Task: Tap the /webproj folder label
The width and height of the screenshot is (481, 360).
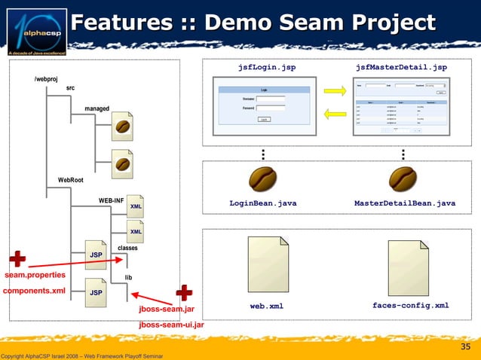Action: [46, 79]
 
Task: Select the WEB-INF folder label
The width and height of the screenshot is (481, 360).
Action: [111, 200]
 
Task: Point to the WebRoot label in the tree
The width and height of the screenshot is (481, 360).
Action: [71, 180]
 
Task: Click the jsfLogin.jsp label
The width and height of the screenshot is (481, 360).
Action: [266, 68]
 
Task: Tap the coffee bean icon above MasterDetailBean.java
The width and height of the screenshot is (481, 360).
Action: [403, 179]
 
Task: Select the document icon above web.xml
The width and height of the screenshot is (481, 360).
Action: [263, 265]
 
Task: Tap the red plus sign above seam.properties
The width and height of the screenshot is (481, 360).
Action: [17, 259]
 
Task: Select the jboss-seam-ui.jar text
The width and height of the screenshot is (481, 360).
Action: [170, 325]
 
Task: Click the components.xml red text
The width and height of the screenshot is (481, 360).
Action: [35, 290]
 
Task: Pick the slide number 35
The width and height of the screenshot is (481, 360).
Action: [465, 346]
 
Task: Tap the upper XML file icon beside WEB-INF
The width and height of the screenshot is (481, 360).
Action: [136, 206]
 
